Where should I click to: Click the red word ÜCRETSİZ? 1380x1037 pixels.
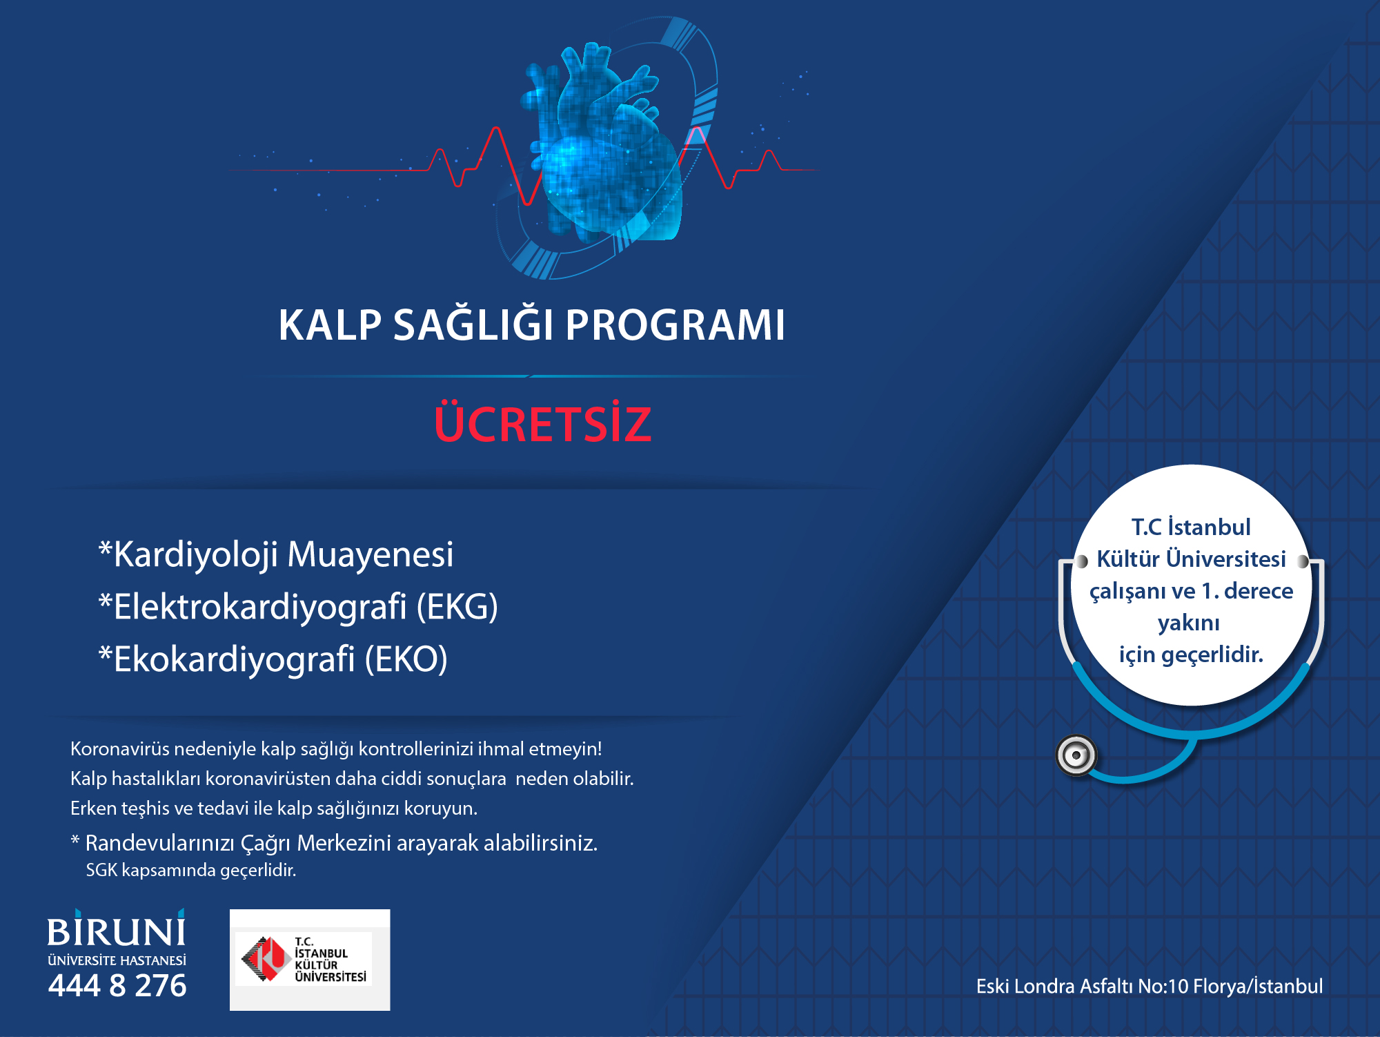(542, 423)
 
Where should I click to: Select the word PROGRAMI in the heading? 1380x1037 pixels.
(675, 325)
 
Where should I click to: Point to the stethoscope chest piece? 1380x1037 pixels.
(1076, 755)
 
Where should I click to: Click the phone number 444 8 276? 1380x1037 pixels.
(117, 985)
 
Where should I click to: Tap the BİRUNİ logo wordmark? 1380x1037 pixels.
(116, 931)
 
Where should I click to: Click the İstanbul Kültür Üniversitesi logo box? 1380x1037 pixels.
(310, 960)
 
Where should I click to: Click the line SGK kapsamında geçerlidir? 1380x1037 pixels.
(191, 870)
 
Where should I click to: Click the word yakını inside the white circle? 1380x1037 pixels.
(1189, 623)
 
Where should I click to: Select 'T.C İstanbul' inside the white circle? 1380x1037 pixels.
(1191, 527)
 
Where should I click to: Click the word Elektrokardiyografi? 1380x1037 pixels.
(260, 607)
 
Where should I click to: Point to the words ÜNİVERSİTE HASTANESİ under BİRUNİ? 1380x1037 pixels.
(117, 960)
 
